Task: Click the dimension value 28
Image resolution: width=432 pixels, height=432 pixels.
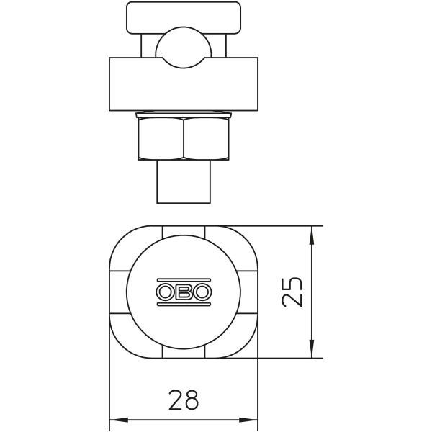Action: (183, 400)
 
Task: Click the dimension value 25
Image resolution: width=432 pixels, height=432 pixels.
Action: (292, 292)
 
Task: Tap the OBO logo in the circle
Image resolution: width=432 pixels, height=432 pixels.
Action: (184, 292)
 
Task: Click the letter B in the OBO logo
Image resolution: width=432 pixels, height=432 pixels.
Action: (184, 292)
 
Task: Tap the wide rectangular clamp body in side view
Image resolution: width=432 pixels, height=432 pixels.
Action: (184, 84)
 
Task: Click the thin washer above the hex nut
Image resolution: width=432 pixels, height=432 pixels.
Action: (184, 114)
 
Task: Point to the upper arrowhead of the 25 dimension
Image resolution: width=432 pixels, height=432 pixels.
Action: (311, 232)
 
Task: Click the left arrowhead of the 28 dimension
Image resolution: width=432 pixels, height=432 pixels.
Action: (115, 419)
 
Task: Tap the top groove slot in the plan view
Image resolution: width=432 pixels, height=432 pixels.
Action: (184, 230)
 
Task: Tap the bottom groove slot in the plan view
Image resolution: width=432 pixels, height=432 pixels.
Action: (184, 353)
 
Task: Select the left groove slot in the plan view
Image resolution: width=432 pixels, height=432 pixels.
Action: (117, 292)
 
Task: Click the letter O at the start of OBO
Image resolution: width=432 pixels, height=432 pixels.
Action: (165, 292)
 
